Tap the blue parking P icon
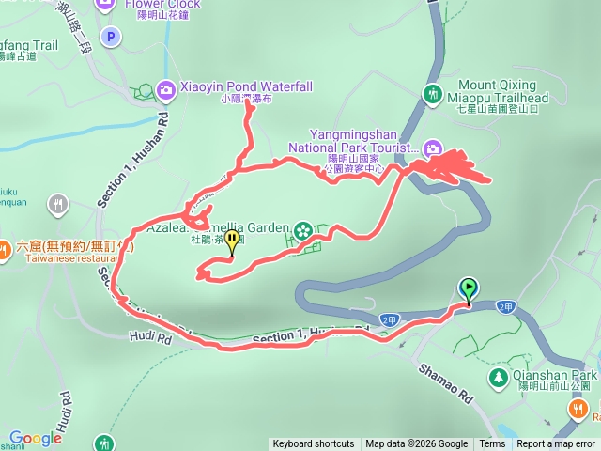tap(112, 38)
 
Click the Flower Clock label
tap(162, 4)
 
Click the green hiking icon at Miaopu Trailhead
tap(433, 94)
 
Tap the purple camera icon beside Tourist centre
tap(433, 148)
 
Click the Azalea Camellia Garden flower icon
tap(302, 229)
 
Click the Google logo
tap(35, 438)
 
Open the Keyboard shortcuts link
tap(314, 444)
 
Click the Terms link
tap(492, 444)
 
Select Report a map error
tap(558, 444)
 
